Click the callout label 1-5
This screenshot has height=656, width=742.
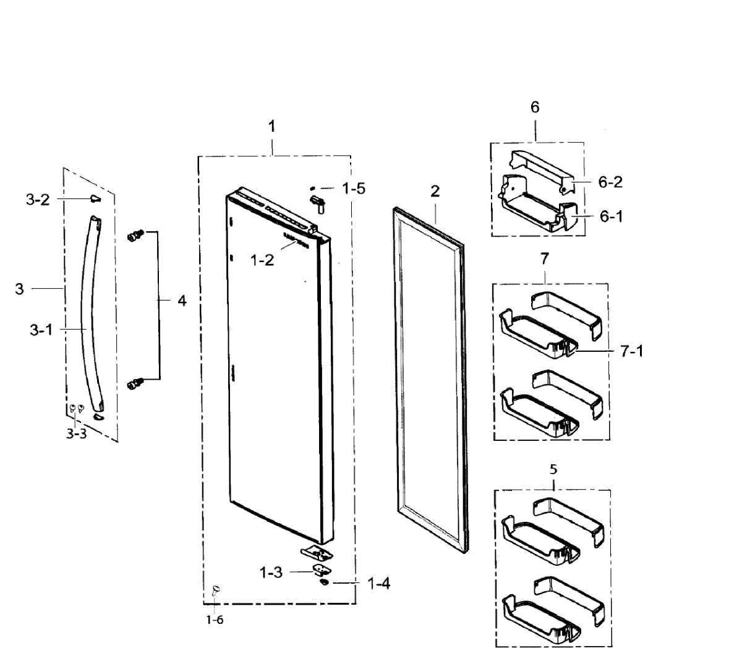354,188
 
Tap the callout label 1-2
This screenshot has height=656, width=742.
262,260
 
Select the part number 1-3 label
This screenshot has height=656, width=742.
271,573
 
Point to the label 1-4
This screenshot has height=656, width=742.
378,583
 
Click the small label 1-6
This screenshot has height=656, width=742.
215,620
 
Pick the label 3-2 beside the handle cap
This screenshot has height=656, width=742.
38,199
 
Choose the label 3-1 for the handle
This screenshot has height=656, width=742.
41,330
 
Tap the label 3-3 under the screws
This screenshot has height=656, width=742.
77,434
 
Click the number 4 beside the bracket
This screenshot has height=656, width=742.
182,301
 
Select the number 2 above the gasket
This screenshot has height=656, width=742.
435,191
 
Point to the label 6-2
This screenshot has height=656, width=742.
610,182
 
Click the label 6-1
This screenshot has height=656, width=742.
610,216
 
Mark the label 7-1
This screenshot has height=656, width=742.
631,351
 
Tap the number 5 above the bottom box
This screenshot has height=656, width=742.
553,469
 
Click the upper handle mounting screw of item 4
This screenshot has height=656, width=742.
135,236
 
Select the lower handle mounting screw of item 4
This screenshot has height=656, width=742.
134,384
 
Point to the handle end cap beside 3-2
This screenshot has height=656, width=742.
94,198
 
